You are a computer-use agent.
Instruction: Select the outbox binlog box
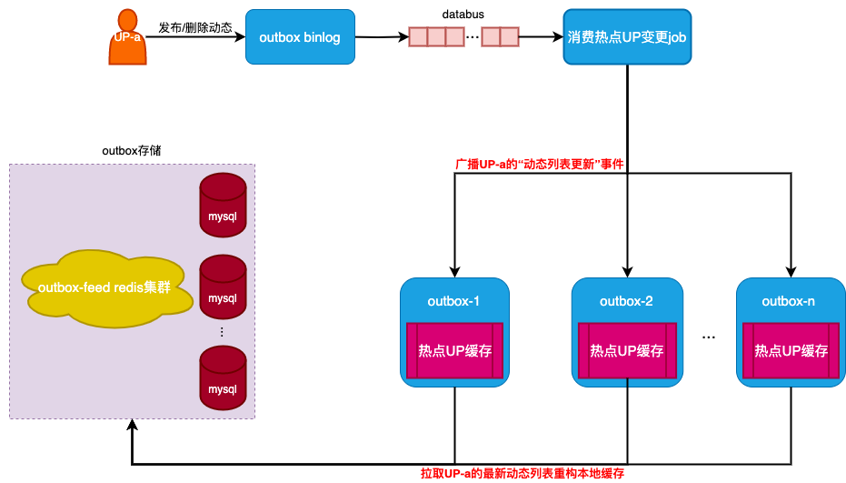click(x=300, y=37)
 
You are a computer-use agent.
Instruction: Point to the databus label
click(x=463, y=15)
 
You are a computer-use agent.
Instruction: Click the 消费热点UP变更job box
click(x=627, y=37)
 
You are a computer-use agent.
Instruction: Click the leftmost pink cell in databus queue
click(x=418, y=37)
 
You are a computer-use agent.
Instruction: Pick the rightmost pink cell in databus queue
click(x=509, y=37)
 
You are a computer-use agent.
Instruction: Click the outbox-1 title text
click(x=454, y=301)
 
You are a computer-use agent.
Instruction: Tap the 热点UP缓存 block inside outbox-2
click(x=627, y=350)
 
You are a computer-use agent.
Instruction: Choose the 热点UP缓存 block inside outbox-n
click(x=791, y=350)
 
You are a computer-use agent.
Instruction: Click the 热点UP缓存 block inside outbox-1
click(x=454, y=350)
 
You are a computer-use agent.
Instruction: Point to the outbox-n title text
click(x=791, y=301)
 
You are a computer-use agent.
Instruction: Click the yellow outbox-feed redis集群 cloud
click(x=106, y=287)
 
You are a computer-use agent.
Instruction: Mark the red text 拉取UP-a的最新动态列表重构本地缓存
click(x=523, y=474)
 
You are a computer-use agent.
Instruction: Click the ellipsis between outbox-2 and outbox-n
click(x=709, y=337)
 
